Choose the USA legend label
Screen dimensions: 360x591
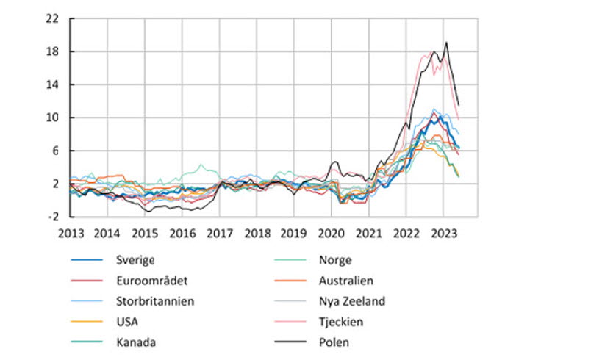[x=127, y=321]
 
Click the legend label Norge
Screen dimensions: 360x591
[x=335, y=259]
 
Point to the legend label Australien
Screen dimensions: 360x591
[x=346, y=280]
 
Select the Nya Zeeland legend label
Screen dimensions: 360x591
[x=352, y=300]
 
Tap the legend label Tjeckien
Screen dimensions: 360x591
[x=342, y=321]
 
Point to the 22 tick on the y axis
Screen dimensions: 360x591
[x=51, y=18]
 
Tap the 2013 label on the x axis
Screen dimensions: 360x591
[x=71, y=233]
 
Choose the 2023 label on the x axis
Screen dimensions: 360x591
[x=443, y=233]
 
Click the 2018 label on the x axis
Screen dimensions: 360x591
[x=257, y=233]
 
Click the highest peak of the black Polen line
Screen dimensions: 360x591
[x=446, y=43]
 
